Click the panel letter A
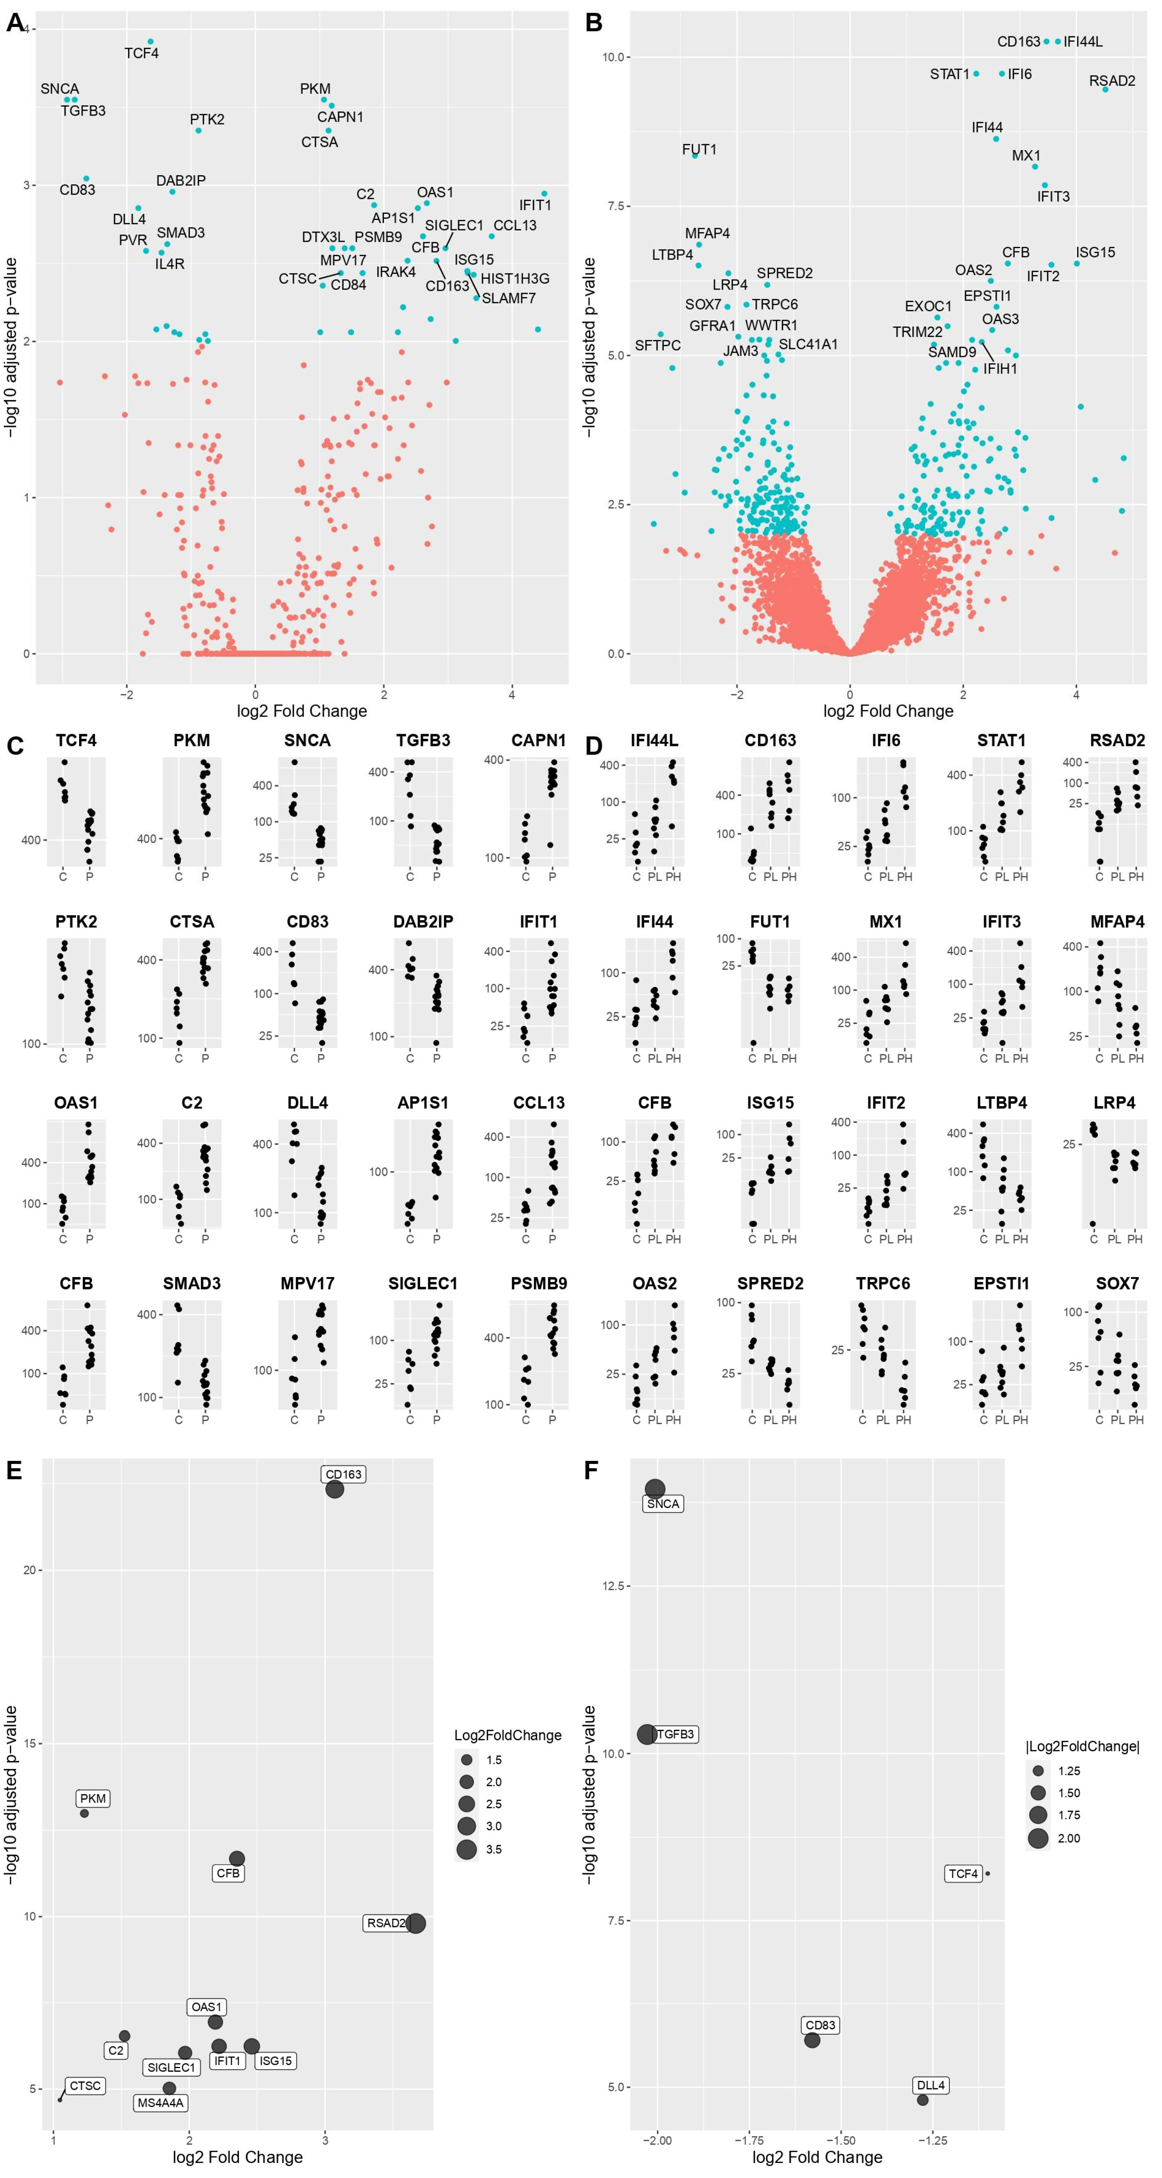pos(15,23)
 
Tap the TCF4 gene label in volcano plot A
pos(141,53)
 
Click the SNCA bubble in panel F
pos(655,1489)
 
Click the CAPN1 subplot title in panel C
pos(538,741)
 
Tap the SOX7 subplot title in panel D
pos(1117,1283)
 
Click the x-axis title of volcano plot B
pos(888,711)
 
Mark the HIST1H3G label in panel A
pos(515,279)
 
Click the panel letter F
pos(592,1470)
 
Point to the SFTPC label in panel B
pos(657,346)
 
